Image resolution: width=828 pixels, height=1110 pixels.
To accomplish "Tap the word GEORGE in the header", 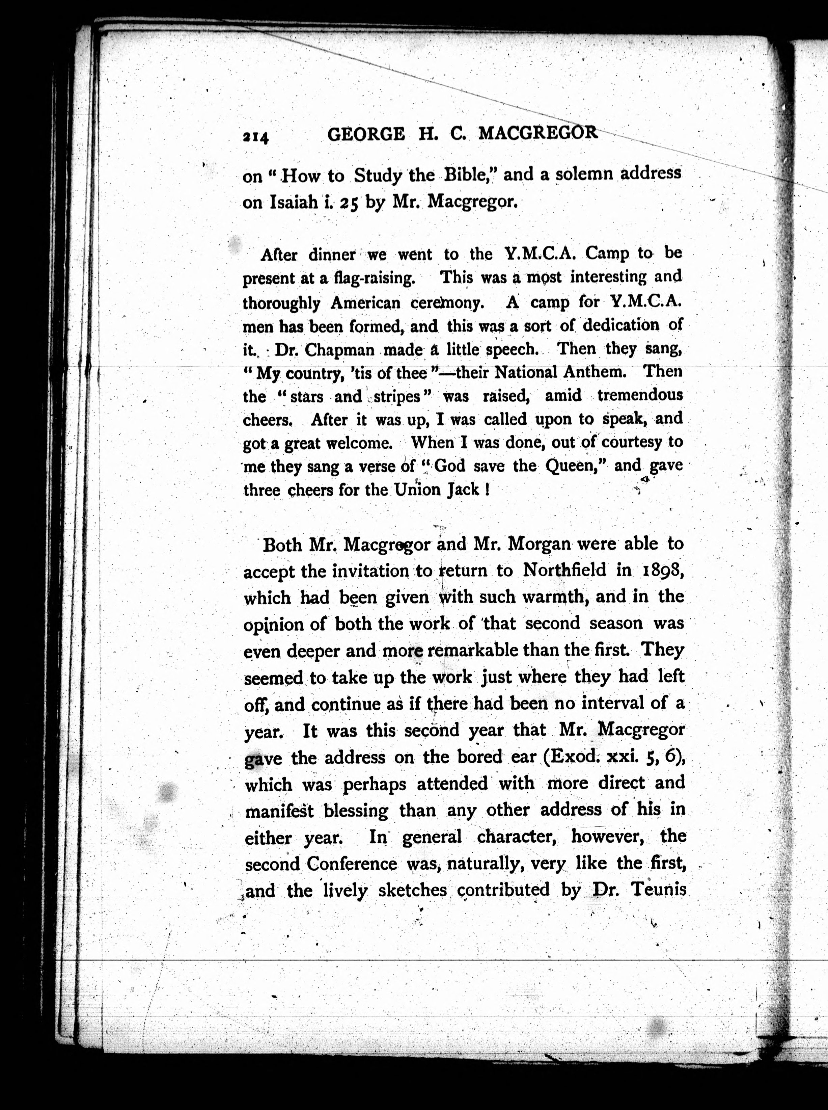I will pyautogui.click(x=365, y=134).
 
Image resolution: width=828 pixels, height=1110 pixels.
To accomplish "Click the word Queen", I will pyautogui.click(x=575, y=466).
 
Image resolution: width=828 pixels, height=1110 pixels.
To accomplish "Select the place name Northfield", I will pyautogui.click(x=564, y=571).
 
